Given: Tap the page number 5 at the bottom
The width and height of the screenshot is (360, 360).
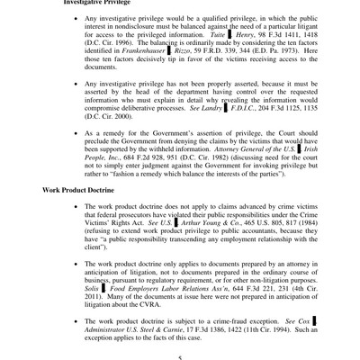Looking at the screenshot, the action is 180,355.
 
